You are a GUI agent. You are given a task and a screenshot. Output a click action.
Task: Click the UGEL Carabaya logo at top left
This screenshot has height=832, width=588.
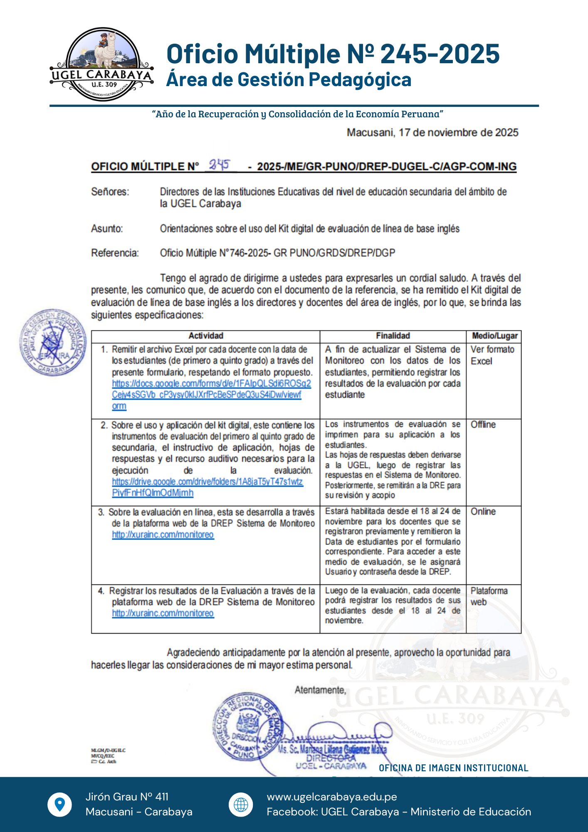102,64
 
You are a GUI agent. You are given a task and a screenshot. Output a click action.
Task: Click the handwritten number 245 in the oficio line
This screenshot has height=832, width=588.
220,165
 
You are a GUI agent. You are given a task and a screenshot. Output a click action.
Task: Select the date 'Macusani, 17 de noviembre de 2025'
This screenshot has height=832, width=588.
432,133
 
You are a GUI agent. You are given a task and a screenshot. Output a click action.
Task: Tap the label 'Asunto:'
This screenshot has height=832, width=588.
107,229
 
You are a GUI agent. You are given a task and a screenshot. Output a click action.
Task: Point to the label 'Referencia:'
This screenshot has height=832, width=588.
115,253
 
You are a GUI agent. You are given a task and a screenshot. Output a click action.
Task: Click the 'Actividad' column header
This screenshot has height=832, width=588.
206,336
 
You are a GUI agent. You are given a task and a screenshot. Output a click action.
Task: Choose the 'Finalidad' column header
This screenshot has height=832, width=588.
393,336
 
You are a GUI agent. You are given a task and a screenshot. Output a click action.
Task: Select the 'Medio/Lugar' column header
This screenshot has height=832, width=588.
494,336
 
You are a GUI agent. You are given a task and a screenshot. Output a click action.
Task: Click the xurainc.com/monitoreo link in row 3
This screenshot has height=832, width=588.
163,535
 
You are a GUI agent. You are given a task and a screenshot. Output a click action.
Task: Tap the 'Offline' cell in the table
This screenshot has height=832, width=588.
483,425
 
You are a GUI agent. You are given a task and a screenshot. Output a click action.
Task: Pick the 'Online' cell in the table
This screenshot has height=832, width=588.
483,512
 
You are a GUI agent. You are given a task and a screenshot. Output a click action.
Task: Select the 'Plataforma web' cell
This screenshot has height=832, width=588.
489,596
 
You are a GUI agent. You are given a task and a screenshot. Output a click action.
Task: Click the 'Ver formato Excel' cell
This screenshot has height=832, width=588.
492,355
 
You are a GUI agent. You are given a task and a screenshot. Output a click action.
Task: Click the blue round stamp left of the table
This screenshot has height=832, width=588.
53,342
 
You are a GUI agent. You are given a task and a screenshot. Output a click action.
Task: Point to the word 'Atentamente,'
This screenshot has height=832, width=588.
320,690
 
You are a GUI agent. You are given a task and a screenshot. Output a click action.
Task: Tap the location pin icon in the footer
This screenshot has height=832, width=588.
60,804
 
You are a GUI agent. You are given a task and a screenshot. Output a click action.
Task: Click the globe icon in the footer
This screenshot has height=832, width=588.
241,804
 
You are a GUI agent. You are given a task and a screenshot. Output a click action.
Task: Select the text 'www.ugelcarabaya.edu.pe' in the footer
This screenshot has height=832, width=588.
331,797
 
